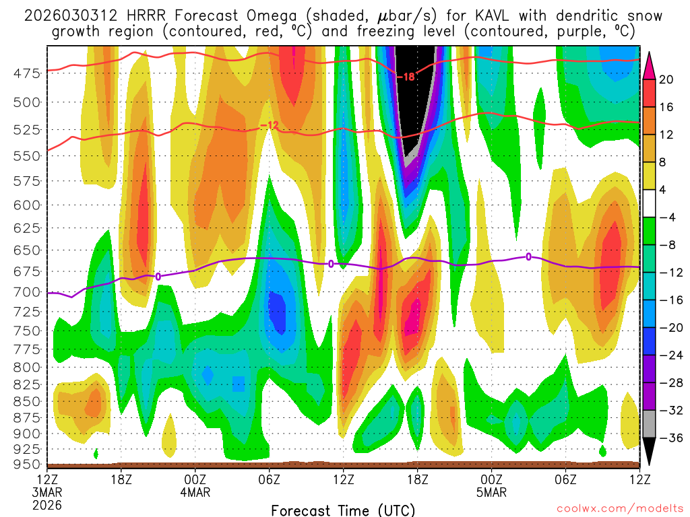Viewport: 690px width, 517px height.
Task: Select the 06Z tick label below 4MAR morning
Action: pos(269,479)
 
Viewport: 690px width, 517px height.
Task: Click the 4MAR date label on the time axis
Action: pos(195,492)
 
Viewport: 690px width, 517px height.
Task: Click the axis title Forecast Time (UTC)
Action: pos(343,510)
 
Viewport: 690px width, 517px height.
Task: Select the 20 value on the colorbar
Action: pos(666,79)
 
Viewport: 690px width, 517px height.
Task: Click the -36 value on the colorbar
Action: pos(666,438)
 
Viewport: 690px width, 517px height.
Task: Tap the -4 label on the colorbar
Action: pos(666,217)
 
